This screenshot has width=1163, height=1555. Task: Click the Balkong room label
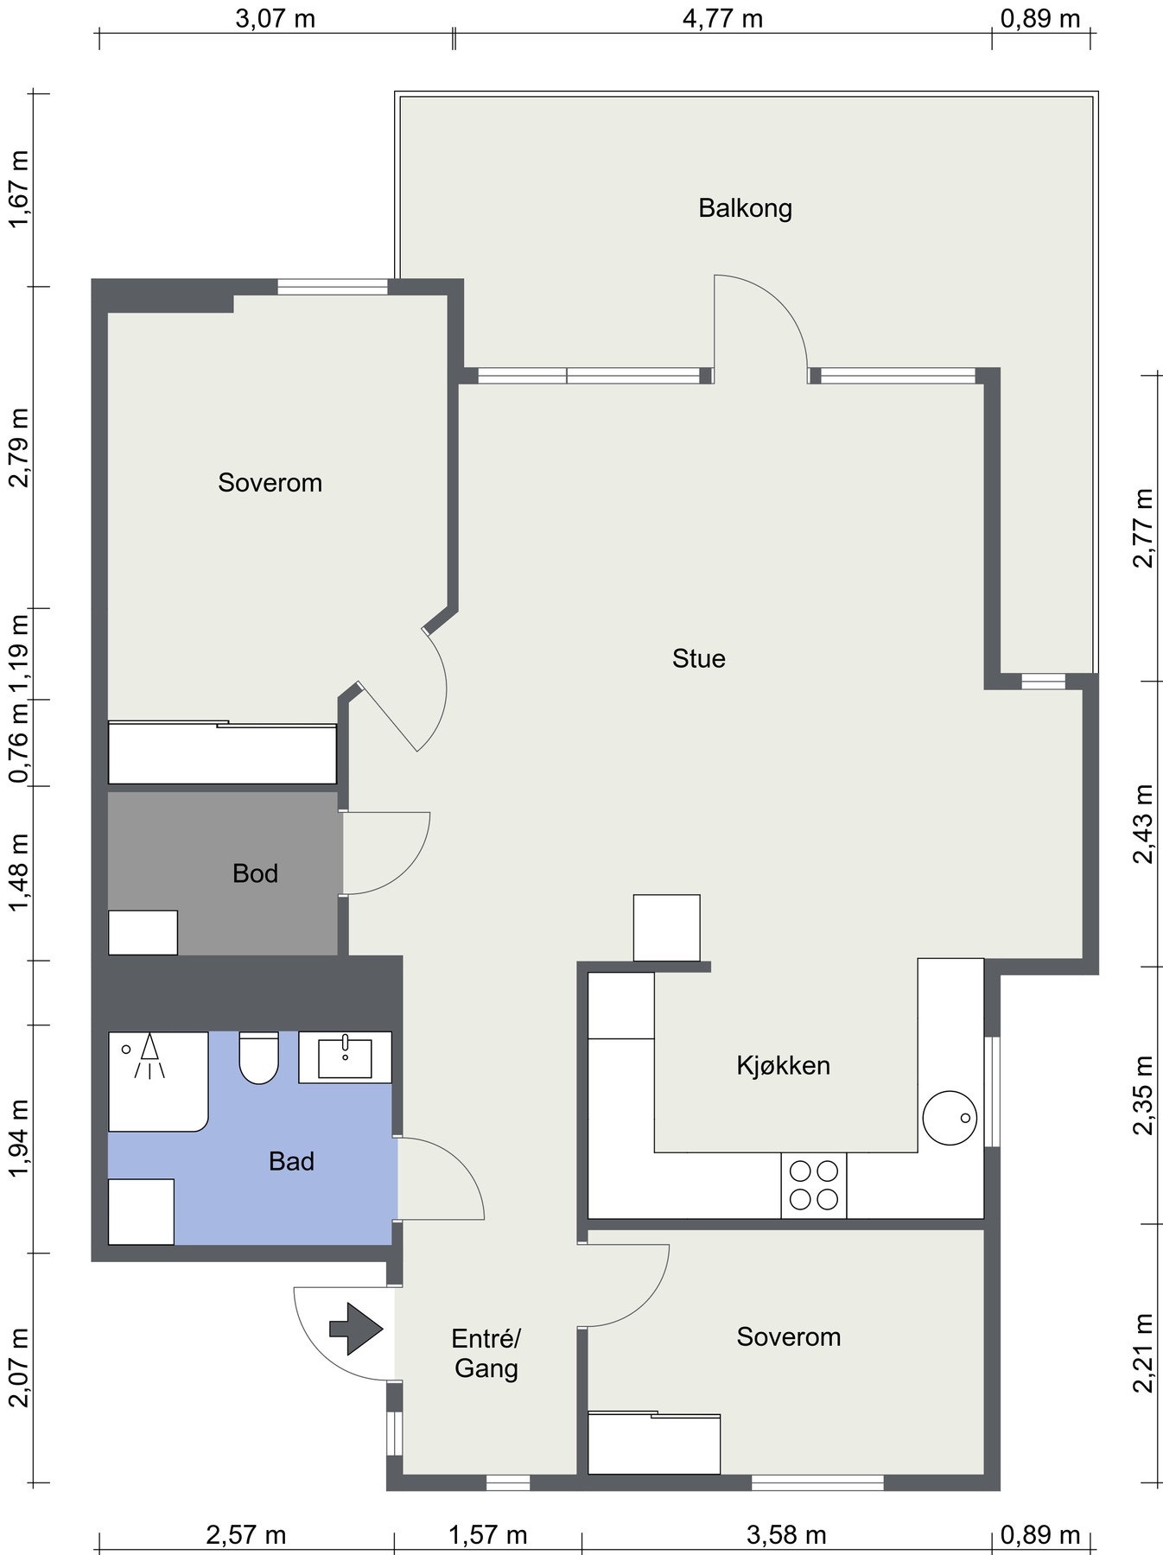click(745, 209)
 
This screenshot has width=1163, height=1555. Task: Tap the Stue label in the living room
click(698, 659)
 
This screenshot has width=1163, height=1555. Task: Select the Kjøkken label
click(783, 1065)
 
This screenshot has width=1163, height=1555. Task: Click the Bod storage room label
click(255, 873)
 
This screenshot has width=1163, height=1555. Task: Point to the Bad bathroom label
click(291, 1161)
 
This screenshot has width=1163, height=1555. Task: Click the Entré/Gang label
click(486, 1354)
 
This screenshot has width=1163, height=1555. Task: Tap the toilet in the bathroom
click(258, 1057)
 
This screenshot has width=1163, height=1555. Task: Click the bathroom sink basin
click(345, 1057)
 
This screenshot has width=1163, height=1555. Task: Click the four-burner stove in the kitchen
click(814, 1185)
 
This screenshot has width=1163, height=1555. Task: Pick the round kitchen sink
click(950, 1119)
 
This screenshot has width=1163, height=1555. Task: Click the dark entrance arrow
click(355, 1329)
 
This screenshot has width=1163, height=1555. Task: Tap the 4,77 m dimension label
click(722, 18)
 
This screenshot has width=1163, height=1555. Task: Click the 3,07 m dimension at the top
click(276, 18)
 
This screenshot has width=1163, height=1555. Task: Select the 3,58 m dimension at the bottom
click(786, 1534)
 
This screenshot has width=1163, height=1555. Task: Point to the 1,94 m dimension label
click(18, 1138)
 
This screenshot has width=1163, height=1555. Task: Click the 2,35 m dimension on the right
click(1144, 1095)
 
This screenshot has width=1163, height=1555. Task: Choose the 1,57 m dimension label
click(487, 1534)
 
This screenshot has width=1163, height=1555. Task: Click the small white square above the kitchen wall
click(666, 928)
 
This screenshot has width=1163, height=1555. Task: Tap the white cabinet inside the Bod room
click(143, 932)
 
